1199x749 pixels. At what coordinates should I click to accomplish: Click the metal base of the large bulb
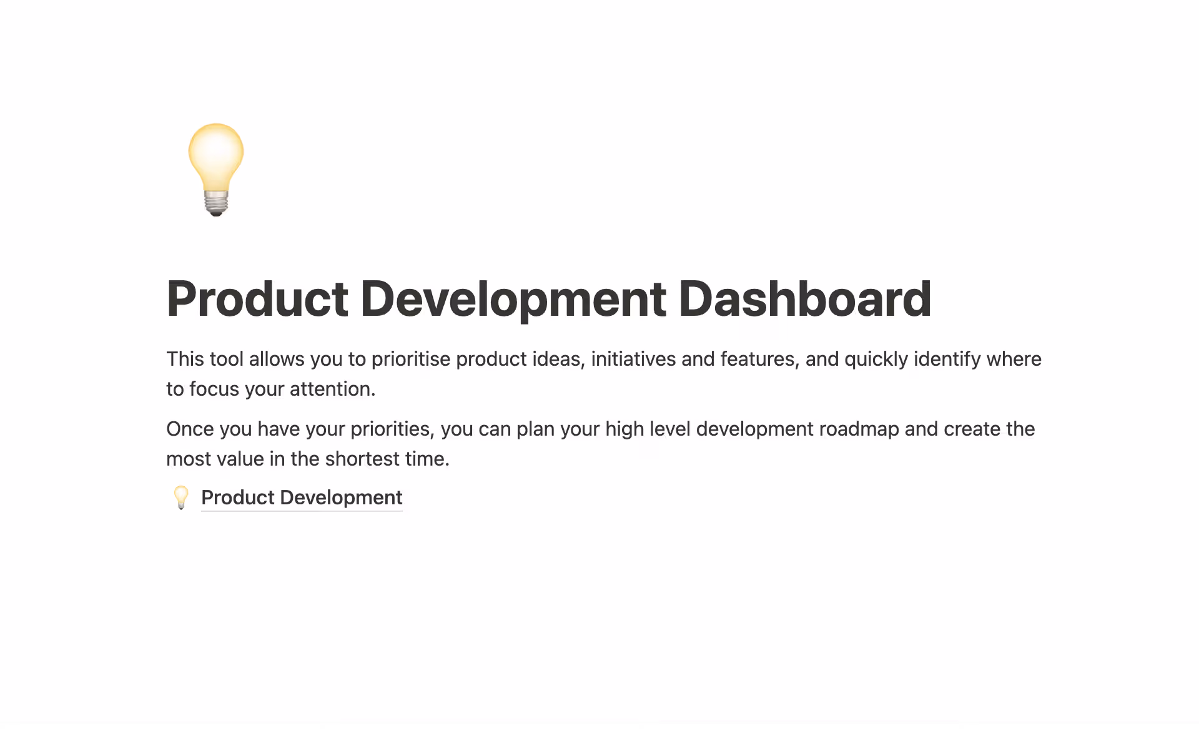tap(216, 203)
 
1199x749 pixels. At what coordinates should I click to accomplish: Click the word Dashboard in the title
tap(804, 299)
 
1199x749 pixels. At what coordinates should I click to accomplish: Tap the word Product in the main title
tap(257, 299)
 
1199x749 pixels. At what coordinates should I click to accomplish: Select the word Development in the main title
tap(513, 299)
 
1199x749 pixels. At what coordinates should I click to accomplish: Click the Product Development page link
tap(302, 497)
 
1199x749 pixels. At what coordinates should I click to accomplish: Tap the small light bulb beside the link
tap(181, 497)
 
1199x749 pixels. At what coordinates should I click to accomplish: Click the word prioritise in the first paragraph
tap(410, 359)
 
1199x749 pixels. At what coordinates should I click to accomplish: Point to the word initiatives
tap(633, 359)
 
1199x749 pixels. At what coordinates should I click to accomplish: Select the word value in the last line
tap(240, 459)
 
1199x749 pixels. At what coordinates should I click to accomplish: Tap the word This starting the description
tap(185, 359)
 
